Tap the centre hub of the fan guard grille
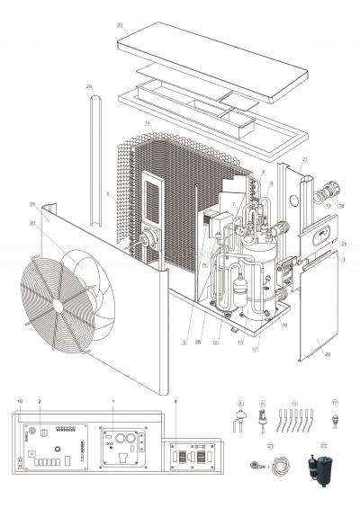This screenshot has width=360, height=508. point(58,305)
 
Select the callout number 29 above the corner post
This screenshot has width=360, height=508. point(89,86)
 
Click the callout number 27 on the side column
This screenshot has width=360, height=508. point(305,159)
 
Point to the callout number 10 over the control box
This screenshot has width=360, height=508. point(19,398)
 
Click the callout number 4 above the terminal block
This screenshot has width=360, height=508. point(175,398)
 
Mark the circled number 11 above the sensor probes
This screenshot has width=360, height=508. point(293,403)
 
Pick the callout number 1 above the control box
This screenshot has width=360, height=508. point(112,398)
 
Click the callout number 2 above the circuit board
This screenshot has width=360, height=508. point(40,398)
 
